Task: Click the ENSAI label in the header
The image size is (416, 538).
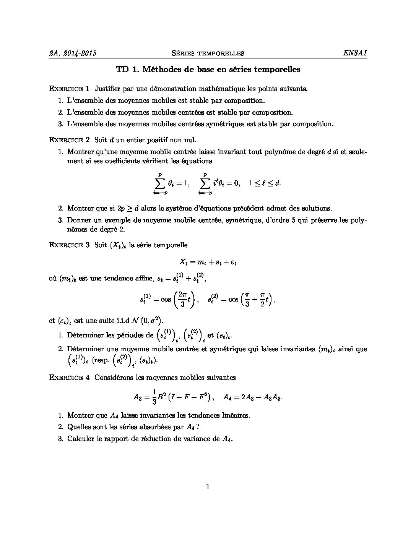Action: point(355,53)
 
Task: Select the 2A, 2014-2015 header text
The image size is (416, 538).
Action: point(73,53)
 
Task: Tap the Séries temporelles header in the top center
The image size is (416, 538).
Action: point(208,53)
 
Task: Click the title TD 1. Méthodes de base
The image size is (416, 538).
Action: point(208,70)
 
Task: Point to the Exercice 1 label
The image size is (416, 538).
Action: point(69,89)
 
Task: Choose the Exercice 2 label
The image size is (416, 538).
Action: point(69,140)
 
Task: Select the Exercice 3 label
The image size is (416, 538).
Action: point(69,245)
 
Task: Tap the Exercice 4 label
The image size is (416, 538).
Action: point(69,378)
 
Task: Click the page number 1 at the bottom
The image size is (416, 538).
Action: point(208,487)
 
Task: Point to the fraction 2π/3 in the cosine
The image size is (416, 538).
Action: point(183,299)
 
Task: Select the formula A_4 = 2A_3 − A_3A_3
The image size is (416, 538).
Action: point(253,397)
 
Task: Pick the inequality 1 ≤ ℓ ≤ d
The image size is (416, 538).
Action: point(265,183)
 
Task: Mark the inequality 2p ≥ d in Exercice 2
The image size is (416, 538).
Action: point(128,209)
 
